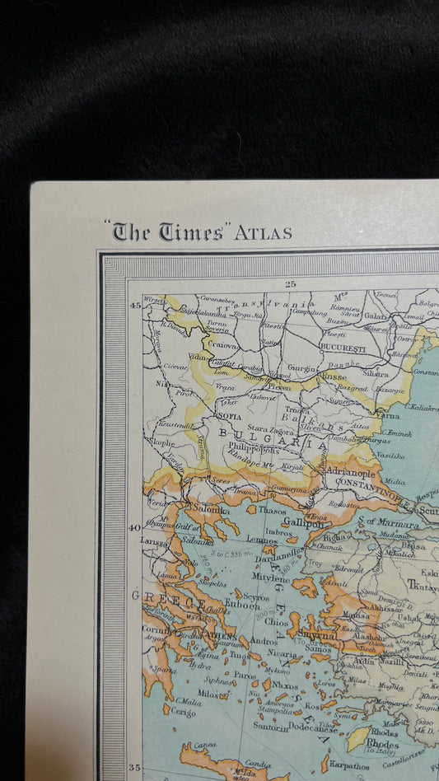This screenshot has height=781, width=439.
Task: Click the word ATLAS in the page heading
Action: click(263, 233)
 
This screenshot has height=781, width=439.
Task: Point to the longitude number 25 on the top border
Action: click(290, 284)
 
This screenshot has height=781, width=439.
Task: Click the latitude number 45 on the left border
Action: click(135, 306)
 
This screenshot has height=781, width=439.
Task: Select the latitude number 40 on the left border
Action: click(135, 528)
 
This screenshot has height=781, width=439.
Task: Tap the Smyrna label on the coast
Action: click(316, 635)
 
